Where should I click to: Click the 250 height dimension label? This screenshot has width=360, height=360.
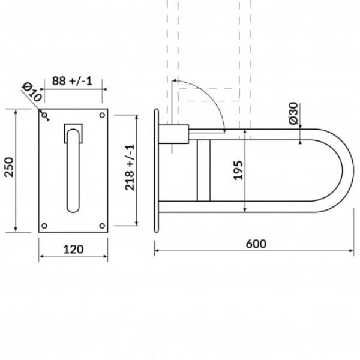[9, 167]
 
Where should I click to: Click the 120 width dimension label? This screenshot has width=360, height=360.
[73, 250]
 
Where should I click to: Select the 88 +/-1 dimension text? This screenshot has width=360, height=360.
[72, 81]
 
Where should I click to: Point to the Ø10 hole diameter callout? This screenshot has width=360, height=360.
[32, 92]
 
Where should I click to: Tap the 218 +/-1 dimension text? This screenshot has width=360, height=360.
[130, 167]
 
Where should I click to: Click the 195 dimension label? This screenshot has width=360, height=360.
[238, 170]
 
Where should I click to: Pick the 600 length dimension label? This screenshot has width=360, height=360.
[256, 244]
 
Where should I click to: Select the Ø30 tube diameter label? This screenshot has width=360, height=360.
[293, 113]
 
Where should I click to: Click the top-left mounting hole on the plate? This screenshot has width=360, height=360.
[44, 115]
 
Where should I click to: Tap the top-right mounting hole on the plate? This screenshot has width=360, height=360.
[102, 115]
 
